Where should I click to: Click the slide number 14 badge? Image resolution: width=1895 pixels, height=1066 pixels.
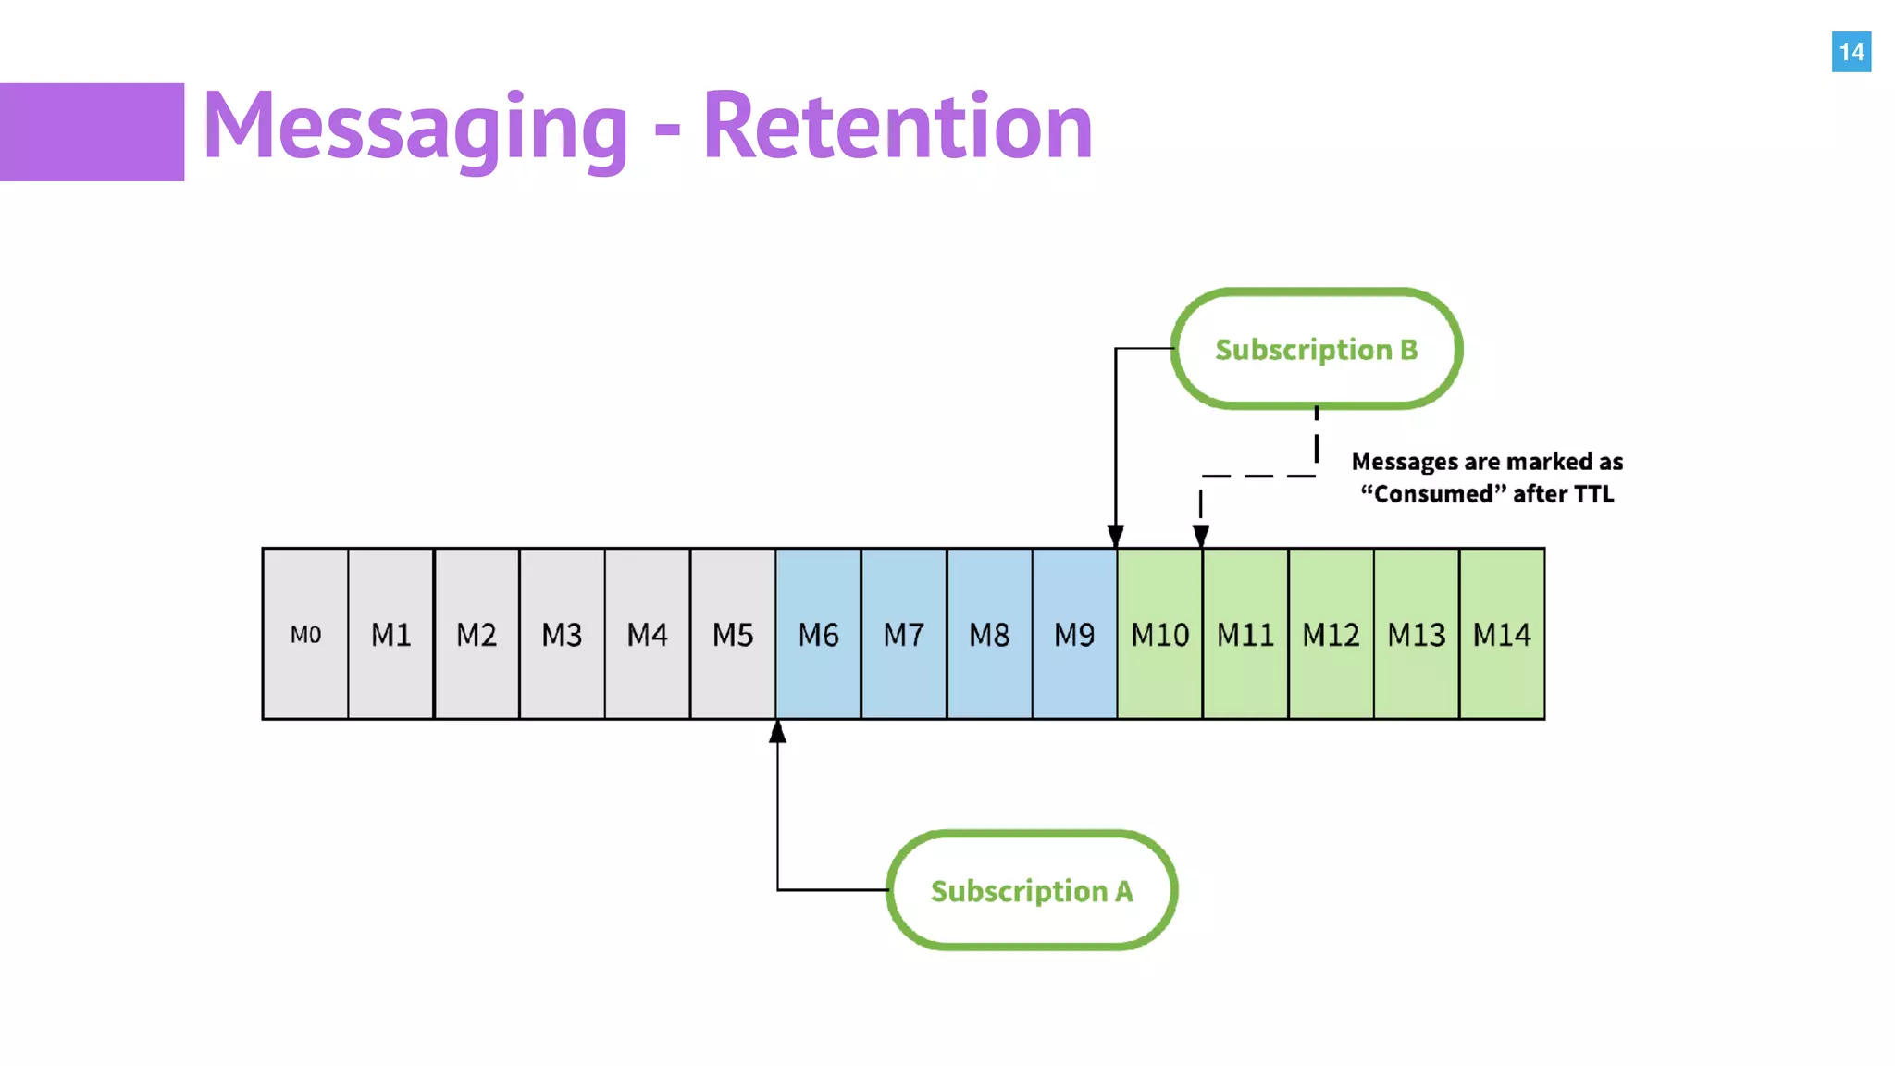(x=1851, y=52)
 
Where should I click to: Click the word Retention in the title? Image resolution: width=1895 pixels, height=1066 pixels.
(x=898, y=127)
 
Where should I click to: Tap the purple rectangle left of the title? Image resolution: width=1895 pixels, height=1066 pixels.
(x=92, y=131)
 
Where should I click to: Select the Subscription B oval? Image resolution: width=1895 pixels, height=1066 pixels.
(x=1316, y=349)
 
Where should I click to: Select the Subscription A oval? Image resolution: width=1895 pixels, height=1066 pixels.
(x=1031, y=890)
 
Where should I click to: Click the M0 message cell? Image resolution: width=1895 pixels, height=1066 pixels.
(x=305, y=634)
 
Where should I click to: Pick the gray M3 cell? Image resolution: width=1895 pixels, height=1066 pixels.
(x=562, y=634)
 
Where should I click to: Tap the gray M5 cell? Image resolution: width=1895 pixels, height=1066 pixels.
(x=733, y=634)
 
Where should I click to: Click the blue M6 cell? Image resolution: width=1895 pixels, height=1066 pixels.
(x=818, y=634)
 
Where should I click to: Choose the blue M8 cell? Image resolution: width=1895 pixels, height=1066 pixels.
(x=989, y=634)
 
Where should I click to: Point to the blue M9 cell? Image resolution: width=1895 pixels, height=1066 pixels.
(x=1074, y=634)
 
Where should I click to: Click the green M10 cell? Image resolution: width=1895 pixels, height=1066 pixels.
(x=1159, y=634)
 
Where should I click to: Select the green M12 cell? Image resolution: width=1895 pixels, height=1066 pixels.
(x=1331, y=634)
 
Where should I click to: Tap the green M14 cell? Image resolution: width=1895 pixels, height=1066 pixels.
(x=1502, y=634)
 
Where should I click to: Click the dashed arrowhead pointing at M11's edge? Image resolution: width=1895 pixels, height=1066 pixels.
(x=1201, y=536)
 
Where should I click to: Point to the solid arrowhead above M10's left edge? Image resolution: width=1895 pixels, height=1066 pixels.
(x=1116, y=536)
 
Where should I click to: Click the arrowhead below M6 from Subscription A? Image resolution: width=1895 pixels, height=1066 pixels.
(x=777, y=733)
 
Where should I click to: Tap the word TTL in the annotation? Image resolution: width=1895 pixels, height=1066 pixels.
(x=1591, y=494)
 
